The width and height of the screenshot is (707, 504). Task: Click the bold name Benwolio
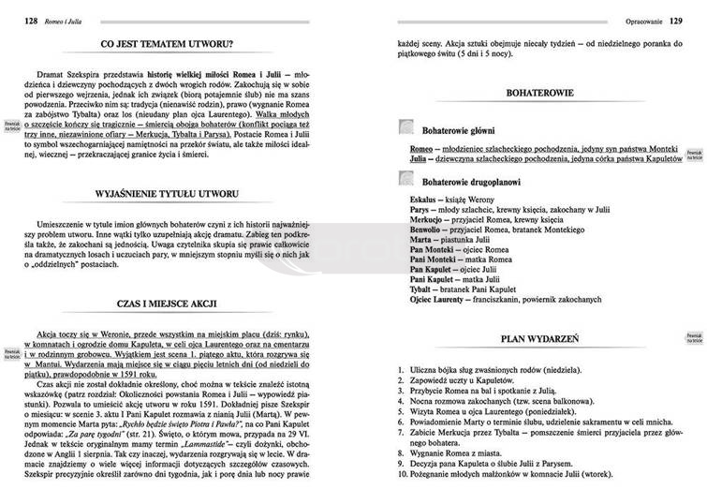(x=431, y=228)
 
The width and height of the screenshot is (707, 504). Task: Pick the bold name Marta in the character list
(x=424, y=239)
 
